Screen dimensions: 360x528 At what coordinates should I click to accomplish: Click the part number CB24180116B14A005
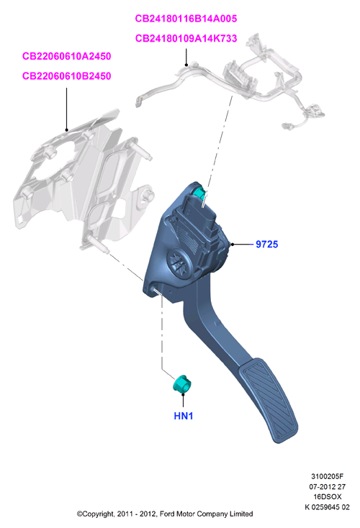click(x=186, y=19)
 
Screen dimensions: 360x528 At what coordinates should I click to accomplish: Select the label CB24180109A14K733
click(x=186, y=38)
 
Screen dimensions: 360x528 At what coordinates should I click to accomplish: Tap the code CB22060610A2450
click(x=66, y=56)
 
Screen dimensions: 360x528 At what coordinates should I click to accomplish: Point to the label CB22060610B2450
click(x=66, y=76)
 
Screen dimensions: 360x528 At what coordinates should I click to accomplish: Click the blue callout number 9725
click(x=266, y=244)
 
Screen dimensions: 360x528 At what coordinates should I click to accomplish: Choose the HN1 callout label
click(x=184, y=416)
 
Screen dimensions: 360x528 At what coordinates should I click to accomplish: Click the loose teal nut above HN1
click(x=181, y=383)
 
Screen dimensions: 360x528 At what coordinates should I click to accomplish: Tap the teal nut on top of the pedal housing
click(x=199, y=194)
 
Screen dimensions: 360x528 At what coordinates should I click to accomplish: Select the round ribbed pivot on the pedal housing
click(x=179, y=263)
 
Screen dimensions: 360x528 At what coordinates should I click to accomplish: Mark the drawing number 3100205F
click(x=327, y=476)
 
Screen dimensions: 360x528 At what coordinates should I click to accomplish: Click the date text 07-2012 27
click(x=327, y=486)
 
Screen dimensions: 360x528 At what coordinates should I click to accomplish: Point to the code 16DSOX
click(x=327, y=496)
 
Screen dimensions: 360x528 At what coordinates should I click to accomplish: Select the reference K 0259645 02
click(x=327, y=507)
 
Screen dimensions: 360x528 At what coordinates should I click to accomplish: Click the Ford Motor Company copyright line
click(x=165, y=514)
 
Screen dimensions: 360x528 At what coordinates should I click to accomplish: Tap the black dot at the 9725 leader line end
click(x=232, y=244)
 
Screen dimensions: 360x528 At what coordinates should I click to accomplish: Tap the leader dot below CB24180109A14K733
click(x=186, y=65)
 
